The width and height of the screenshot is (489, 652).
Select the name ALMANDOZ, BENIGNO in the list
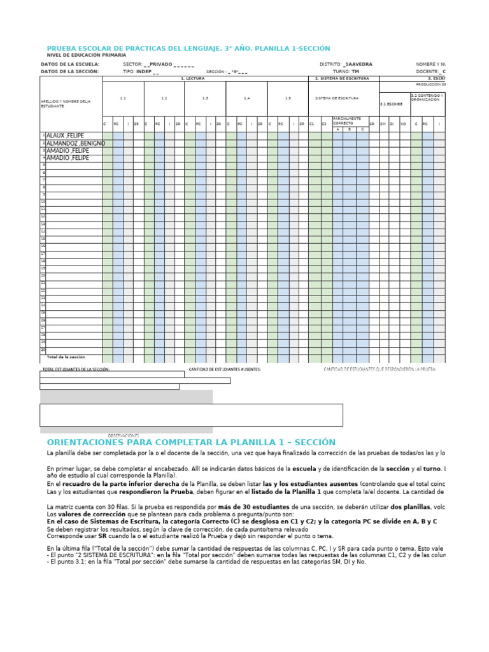pyautogui.click(x=76, y=143)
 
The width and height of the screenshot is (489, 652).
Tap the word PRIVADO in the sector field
pyautogui.click(x=160, y=65)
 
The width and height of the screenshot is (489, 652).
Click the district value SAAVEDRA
pyautogui.click(x=358, y=65)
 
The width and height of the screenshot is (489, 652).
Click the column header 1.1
pyautogui.click(x=123, y=99)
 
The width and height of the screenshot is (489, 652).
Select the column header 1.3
pyautogui.click(x=205, y=99)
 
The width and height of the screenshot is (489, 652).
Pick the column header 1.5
pyautogui.click(x=288, y=99)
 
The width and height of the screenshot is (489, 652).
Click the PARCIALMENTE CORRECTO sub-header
pyautogui.click(x=348, y=120)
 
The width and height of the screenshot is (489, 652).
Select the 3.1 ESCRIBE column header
pyautogui.click(x=390, y=104)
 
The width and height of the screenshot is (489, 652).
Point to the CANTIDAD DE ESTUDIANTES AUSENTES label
pyautogui.click(x=225, y=369)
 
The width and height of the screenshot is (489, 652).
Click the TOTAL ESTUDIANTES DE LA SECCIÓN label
pyautogui.click(x=76, y=369)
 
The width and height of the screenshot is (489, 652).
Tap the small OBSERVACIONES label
pyautogui.click(x=123, y=436)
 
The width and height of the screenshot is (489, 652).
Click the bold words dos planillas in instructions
pyautogui.click(x=410, y=507)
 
